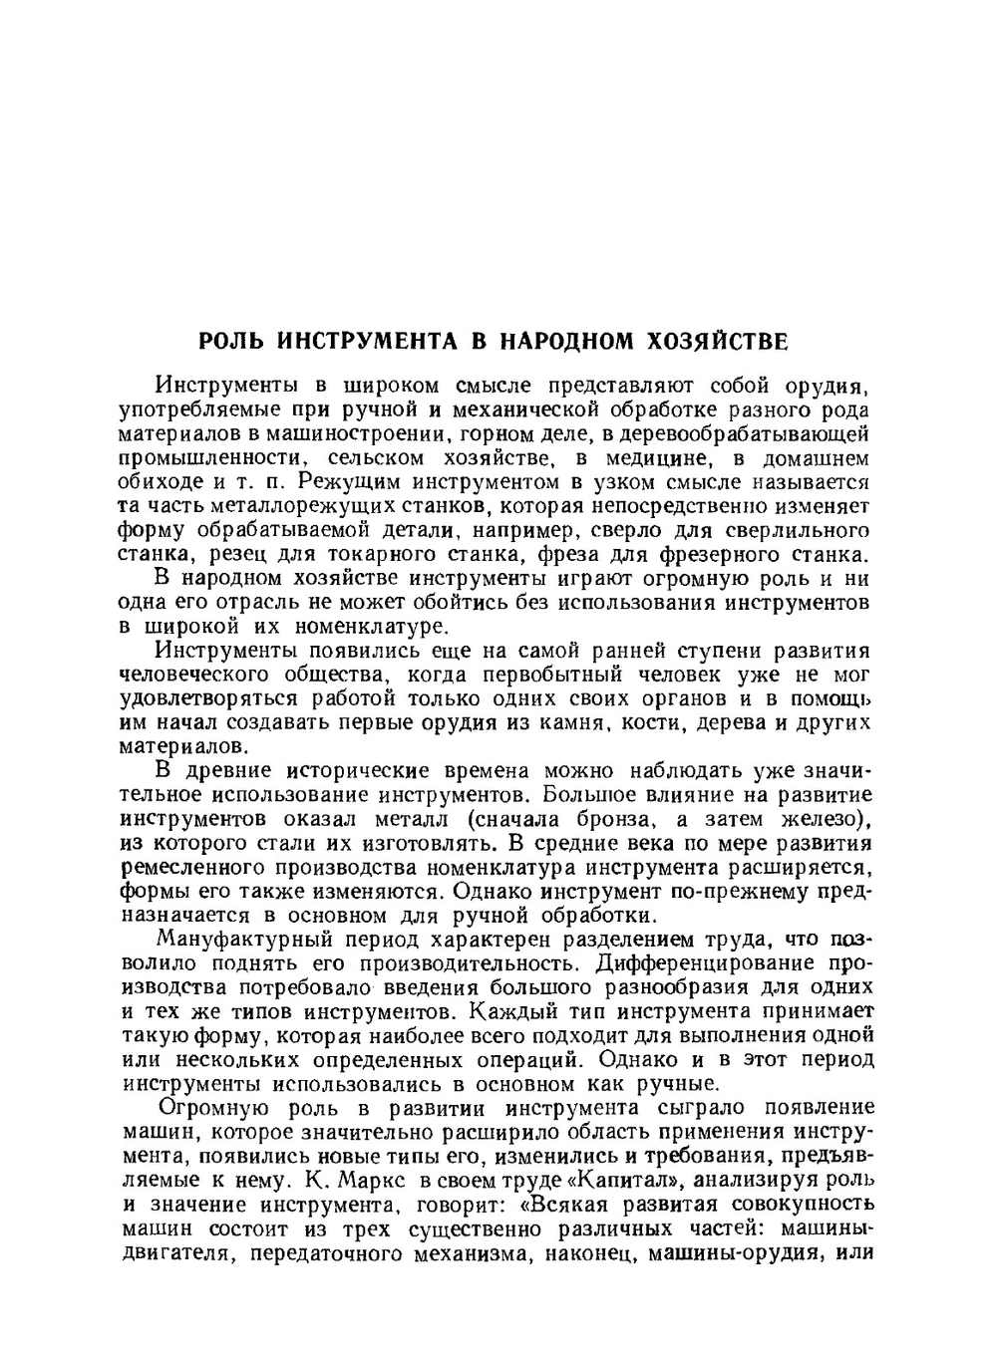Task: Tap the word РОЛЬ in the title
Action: [232, 343]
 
